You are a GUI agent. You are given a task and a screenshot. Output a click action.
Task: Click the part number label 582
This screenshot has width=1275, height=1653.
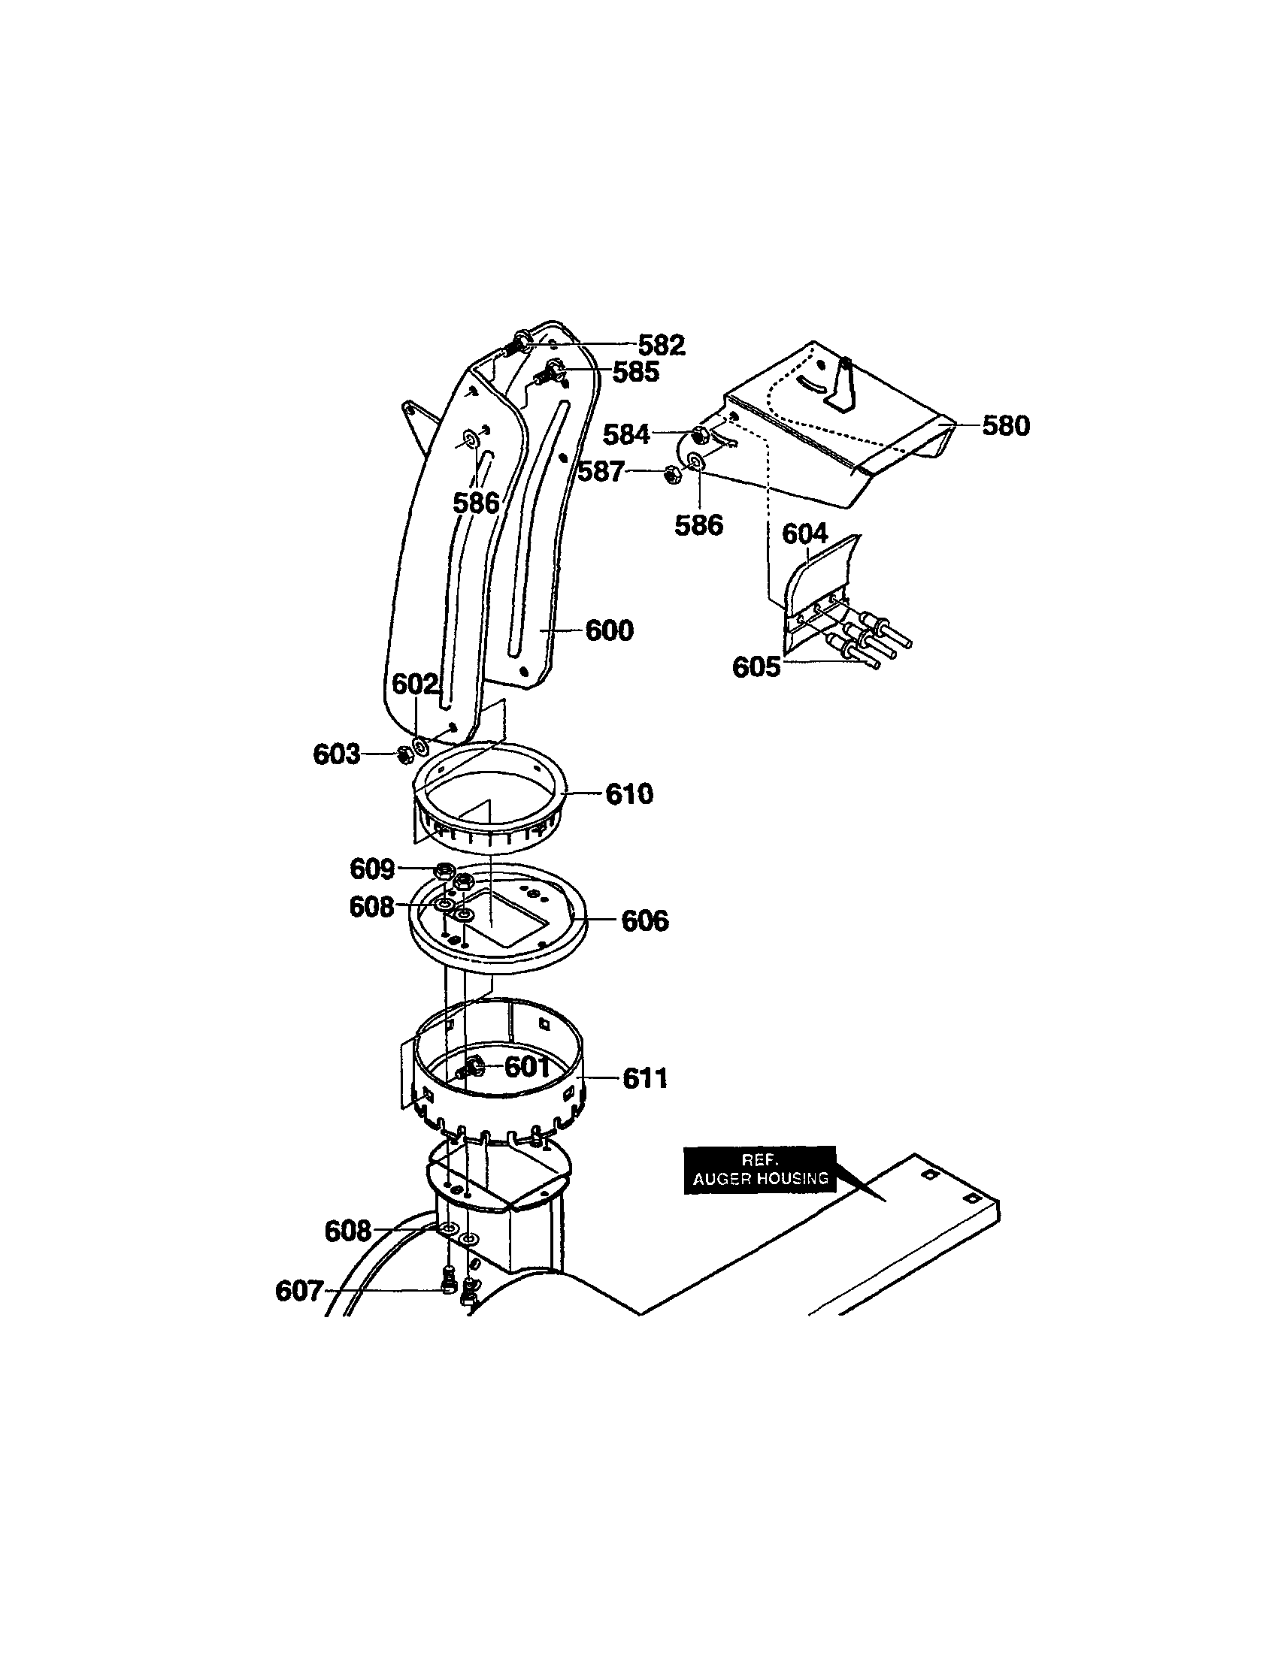(661, 346)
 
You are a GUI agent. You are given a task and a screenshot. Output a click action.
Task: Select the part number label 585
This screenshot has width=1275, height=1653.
(636, 372)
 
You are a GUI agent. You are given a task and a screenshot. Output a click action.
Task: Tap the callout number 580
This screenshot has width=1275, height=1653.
(1005, 426)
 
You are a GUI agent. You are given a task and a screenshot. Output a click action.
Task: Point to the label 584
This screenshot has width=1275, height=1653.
(626, 435)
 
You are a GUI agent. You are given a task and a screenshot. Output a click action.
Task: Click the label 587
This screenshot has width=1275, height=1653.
(601, 473)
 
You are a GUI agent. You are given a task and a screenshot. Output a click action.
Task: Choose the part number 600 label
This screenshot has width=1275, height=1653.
(610, 630)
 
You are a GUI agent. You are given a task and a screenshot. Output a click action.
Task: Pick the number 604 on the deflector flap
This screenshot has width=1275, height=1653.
(805, 534)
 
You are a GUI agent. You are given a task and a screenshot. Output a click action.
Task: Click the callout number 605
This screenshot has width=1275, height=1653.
(756, 667)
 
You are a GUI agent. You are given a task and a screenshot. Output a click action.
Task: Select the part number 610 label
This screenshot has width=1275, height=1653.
(629, 794)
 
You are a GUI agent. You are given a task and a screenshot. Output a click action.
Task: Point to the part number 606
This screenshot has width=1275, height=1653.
(645, 920)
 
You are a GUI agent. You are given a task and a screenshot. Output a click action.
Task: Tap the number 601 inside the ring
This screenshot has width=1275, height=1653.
(527, 1067)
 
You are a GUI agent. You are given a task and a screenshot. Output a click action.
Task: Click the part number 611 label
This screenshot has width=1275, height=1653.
(645, 1077)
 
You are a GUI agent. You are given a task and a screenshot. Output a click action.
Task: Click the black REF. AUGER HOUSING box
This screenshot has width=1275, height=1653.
(759, 1171)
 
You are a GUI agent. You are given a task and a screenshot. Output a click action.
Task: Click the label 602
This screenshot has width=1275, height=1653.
(415, 684)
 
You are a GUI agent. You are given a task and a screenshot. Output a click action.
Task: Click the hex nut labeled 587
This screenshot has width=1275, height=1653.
(669, 475)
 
